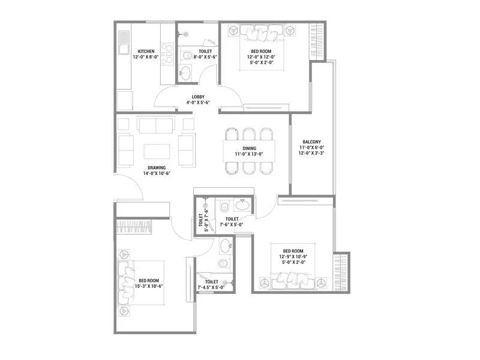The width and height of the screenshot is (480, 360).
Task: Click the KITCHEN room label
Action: tap(146, 51)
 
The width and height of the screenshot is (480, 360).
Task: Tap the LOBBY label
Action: tap(198, 97)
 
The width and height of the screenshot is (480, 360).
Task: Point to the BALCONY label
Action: tap(312, 142)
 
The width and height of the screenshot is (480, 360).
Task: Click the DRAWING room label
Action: tap(157, 167)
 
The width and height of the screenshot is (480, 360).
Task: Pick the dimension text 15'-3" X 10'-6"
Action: tap(148, 286)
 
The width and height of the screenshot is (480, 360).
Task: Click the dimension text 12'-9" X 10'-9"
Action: tap(293, 256)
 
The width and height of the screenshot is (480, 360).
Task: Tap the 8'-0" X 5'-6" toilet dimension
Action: tap(205, 57)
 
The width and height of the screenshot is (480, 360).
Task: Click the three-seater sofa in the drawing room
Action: tap(156, 125)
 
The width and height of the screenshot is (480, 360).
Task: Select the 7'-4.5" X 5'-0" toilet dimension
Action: tap(211, 287)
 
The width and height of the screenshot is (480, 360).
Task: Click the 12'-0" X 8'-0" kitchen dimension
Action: tap(146, 57)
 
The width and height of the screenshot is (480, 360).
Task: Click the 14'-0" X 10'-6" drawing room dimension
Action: tap(157, 173)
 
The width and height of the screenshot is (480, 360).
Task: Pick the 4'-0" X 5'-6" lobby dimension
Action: tap(198, 103)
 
